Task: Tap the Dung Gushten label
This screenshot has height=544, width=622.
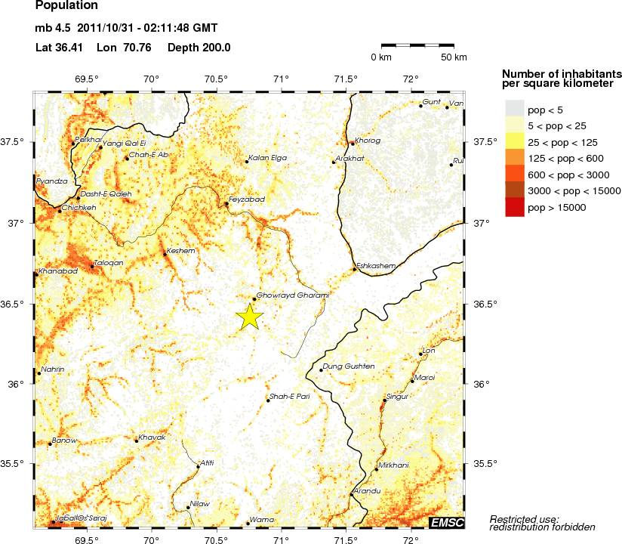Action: [349, 366]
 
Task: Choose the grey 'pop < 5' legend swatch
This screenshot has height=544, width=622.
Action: [514, 110]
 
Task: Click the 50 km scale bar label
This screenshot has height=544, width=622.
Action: [454, 57]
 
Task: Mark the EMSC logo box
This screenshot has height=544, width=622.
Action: [446, 523]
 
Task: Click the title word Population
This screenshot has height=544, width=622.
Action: [66, 6]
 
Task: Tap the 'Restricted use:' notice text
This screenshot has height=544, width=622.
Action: [525, 518]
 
